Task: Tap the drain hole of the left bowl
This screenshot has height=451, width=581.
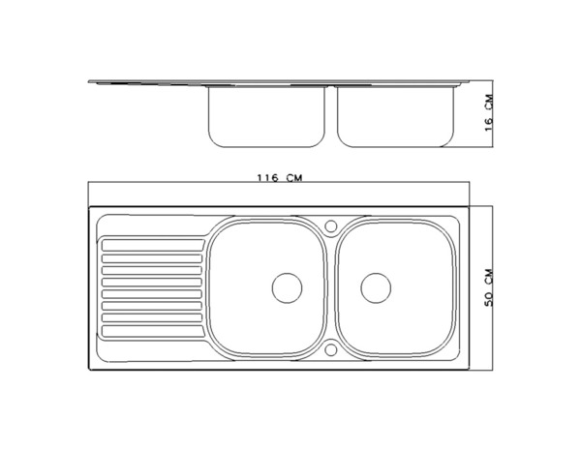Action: click(287, 286)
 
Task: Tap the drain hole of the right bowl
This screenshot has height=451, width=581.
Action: click(376, 286)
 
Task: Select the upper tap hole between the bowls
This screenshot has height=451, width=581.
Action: click(331, 226)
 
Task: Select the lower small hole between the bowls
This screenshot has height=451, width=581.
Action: click(331, 347)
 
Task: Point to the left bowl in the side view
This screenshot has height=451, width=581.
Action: click(264, 116)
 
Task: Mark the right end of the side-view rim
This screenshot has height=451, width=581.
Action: click(467, 82)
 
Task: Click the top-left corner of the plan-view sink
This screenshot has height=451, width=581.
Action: click(90, 207)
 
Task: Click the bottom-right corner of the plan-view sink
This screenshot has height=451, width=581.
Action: click(469, 368)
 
